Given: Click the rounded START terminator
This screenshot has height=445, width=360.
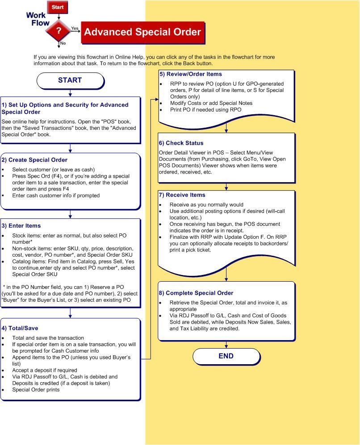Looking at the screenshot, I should [70, 80].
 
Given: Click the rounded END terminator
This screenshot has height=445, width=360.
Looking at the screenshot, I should [226, 356].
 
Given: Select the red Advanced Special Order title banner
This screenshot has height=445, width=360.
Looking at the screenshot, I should [142, 32].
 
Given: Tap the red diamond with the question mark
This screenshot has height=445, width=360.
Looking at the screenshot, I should [59, 31].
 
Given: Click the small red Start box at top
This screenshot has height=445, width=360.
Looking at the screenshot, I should [58, 8].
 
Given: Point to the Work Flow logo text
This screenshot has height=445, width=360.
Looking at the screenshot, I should [37, 19].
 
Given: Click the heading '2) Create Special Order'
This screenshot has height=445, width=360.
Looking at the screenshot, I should [34, 160].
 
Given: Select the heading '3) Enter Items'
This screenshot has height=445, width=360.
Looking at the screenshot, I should [21, 226].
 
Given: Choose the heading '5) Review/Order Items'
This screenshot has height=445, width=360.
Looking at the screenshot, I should [191, 74].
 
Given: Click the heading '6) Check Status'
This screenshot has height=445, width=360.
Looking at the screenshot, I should [181, 143].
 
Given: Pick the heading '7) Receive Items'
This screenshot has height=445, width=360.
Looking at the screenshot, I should [182, 195].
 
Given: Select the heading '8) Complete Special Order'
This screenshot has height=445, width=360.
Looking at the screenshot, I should [196, 293].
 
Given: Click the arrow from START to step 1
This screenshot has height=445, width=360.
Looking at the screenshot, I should [70, 93].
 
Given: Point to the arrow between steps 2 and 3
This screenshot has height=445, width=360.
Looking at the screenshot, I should [70, 214].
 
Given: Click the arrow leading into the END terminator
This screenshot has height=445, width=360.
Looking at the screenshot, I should [226, 345].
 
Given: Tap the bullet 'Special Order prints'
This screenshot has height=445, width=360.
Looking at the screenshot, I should [36, 390].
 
